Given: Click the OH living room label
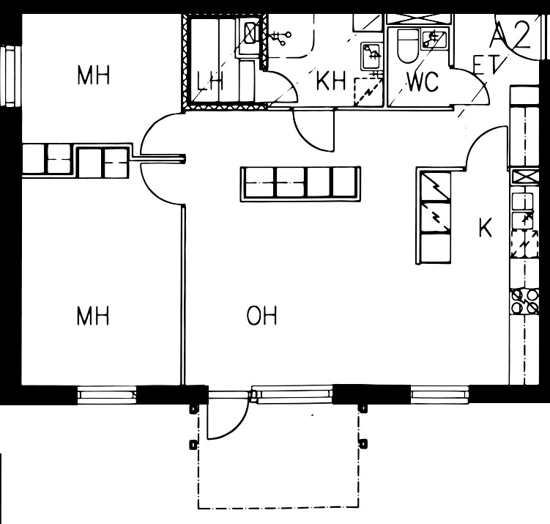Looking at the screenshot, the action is [x=261, y=315].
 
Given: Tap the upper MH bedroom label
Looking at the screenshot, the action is [x=93, y=75].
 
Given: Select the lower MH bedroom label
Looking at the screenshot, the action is [x=93, y=315].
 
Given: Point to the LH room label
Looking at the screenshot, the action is [x=210, y=81].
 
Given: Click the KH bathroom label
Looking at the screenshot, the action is [x=331, y=81].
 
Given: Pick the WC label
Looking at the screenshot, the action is [x=423, y=81].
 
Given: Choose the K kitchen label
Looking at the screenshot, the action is [x=486, y=227].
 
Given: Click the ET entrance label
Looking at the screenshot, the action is [x=486, y=64].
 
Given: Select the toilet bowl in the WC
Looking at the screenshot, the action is [x=409, y=45].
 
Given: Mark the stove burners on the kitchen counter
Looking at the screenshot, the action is [x=525, y=301].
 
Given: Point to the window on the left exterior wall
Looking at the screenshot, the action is [x=8, y=75].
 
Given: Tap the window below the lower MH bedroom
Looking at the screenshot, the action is [x=107, y=395].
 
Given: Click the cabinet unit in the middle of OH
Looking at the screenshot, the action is [x=300, y=184].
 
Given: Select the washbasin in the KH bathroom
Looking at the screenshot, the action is [x=372, y=56].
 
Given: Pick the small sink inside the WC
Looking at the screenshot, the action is [x=434, y=40].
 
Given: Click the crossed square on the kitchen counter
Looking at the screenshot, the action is [x=525, y=177].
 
